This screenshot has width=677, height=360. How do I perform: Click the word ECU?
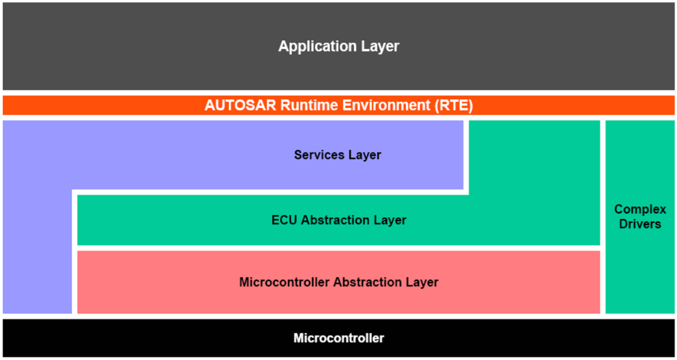click(284, 220)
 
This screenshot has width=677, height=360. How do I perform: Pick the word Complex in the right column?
click(640, 209)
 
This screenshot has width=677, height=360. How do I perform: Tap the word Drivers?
click(640, 224)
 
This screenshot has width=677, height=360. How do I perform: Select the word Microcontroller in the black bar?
click(339, 338)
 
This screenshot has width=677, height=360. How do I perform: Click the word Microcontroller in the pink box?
click(284, 282)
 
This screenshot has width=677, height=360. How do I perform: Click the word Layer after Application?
click(380, 46)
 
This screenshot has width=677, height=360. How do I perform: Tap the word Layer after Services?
click(365, 155)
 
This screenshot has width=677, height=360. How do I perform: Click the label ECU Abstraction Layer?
click(339, 220)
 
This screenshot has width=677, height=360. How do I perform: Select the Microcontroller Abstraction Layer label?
click(339, 282)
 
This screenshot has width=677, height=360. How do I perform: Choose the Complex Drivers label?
click(640, 216)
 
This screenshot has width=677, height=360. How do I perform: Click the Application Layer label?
click(339, 46)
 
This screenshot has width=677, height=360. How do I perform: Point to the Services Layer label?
click(338, 155)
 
